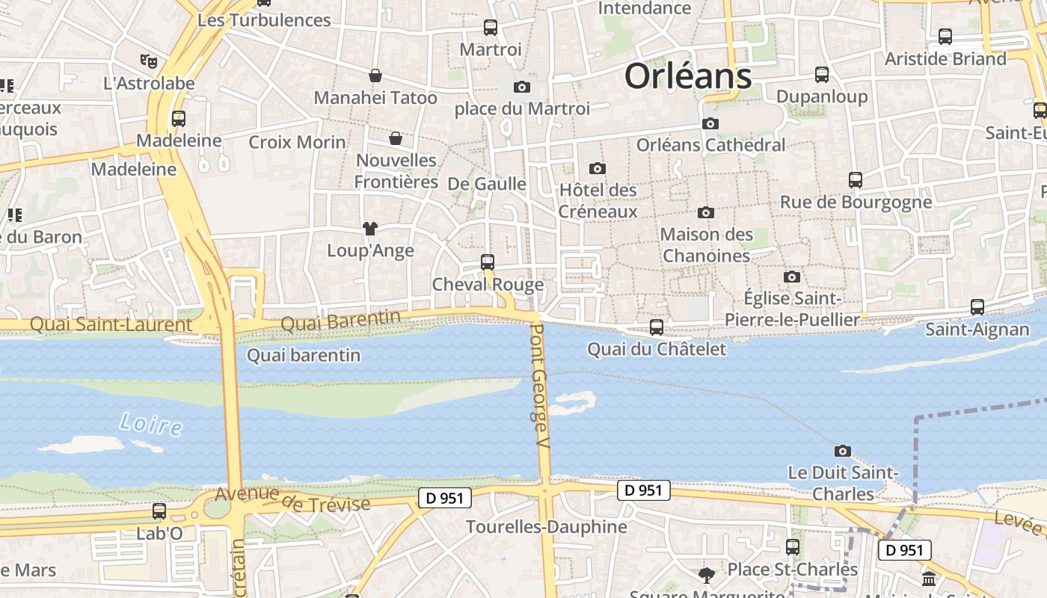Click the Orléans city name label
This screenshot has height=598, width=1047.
click(687, 75)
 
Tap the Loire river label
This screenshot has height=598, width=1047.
click(150, 424)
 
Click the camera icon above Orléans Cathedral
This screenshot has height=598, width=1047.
click(710, 123)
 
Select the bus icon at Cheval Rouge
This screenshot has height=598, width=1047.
click(488, 262)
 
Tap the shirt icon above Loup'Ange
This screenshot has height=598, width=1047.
click(370, 228)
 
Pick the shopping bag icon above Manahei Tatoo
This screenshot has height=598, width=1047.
click(375, 75)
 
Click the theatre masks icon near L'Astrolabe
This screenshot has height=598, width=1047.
click(149, 61)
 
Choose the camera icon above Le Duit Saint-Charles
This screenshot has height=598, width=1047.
click(843, 451)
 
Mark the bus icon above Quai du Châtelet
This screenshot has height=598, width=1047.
click(656, 327)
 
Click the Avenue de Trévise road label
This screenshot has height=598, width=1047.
click(292, 499)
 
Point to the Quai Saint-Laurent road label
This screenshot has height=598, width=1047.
click(111, 324)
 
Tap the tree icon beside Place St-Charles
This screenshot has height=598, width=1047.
click(706, 574)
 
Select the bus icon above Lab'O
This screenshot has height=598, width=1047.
click(159, 511)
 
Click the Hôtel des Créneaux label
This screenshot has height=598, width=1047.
click(598, 200)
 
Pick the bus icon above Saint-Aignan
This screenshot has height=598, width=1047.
click(977, 306)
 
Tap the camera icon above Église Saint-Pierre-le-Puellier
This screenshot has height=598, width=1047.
click(792, 277)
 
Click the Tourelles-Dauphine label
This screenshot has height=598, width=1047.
click(547, 526)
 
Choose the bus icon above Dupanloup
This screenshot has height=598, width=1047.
click(822, 74)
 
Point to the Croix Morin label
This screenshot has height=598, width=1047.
click(297, 142)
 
